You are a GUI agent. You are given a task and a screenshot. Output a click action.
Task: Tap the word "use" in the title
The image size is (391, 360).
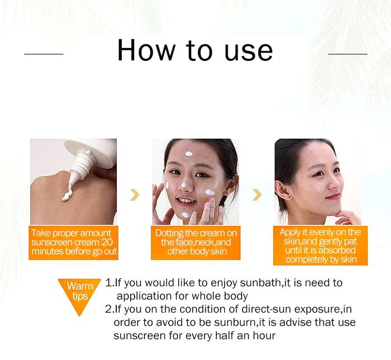249,53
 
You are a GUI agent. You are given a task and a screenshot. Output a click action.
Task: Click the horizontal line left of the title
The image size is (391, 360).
44,54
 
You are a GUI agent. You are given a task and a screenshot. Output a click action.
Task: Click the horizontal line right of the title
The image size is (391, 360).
347,54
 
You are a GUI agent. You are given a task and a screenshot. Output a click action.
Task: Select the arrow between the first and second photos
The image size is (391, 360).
135,195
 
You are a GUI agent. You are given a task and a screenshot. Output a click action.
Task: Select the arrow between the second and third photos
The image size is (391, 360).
257,195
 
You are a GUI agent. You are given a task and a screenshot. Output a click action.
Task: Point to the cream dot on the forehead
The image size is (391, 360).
189,154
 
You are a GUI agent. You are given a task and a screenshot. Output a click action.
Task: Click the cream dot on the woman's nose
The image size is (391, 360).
184,185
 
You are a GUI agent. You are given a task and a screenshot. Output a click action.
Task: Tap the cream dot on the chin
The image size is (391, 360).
185,215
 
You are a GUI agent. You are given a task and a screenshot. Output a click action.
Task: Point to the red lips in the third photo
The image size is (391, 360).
333,196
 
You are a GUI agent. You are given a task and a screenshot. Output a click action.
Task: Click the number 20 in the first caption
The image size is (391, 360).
107,242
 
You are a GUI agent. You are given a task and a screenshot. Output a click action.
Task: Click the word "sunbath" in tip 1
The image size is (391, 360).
261,283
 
